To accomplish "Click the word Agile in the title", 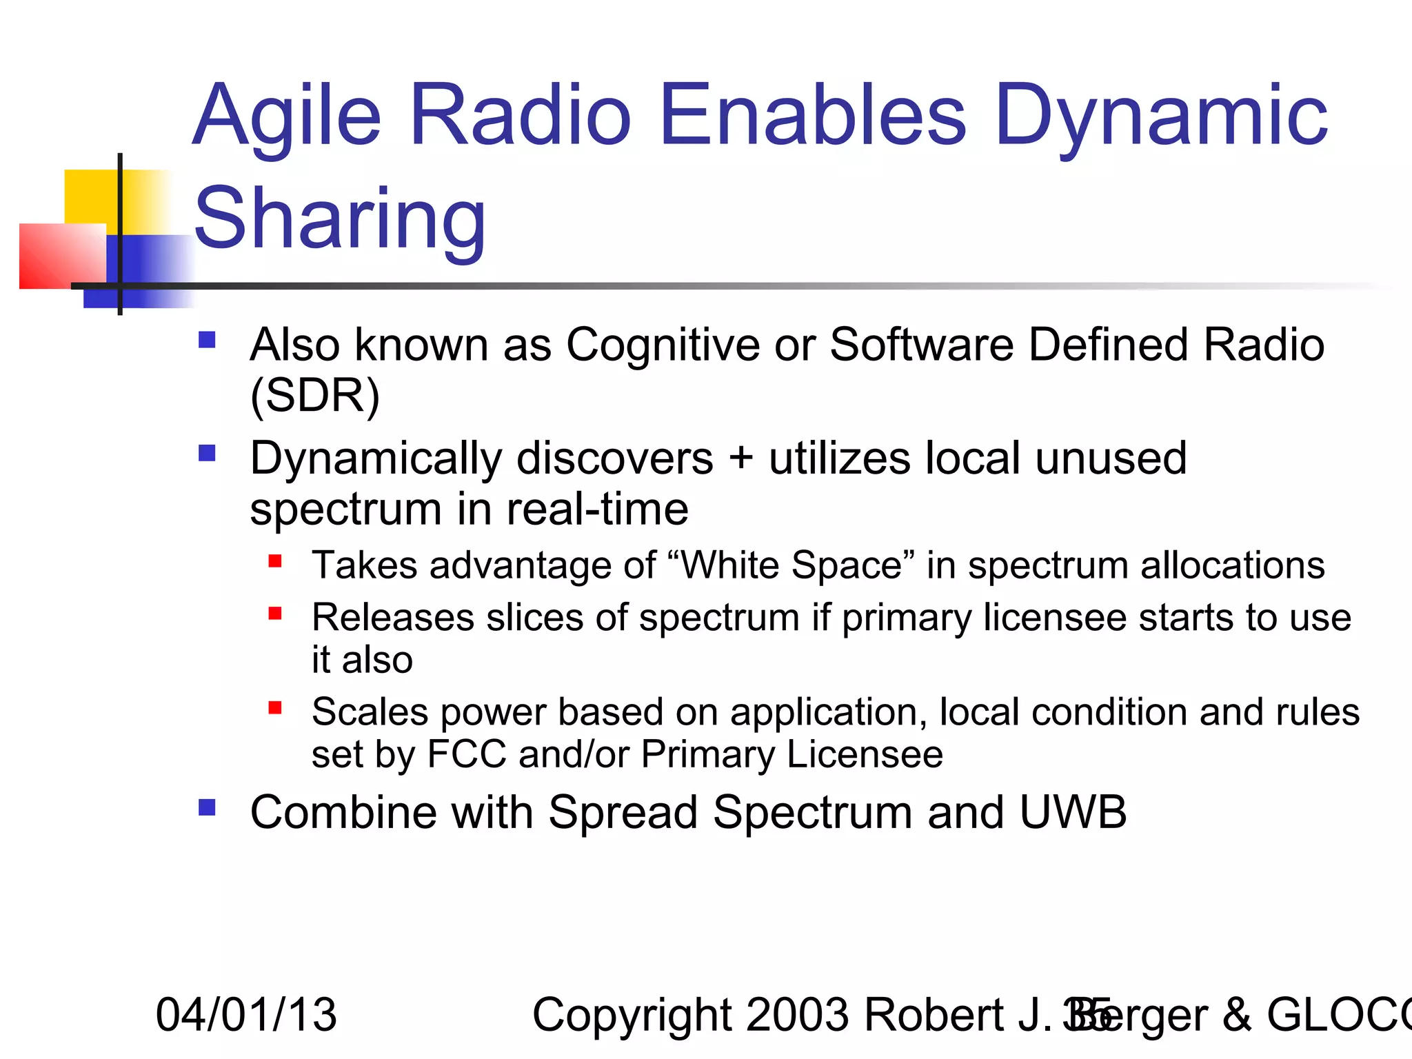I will pos(287,117).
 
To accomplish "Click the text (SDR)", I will pos(314,396).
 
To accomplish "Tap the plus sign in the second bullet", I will pos(741,458).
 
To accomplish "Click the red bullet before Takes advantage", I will pos(275,561).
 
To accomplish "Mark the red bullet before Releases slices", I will pos(275,613).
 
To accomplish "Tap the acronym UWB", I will pos(1073,812).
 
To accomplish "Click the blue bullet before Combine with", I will pos(207,807).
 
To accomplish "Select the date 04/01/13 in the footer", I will pos(246,1015).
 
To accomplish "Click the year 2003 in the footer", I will pos(798,1015).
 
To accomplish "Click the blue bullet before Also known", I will pos(207,340).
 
